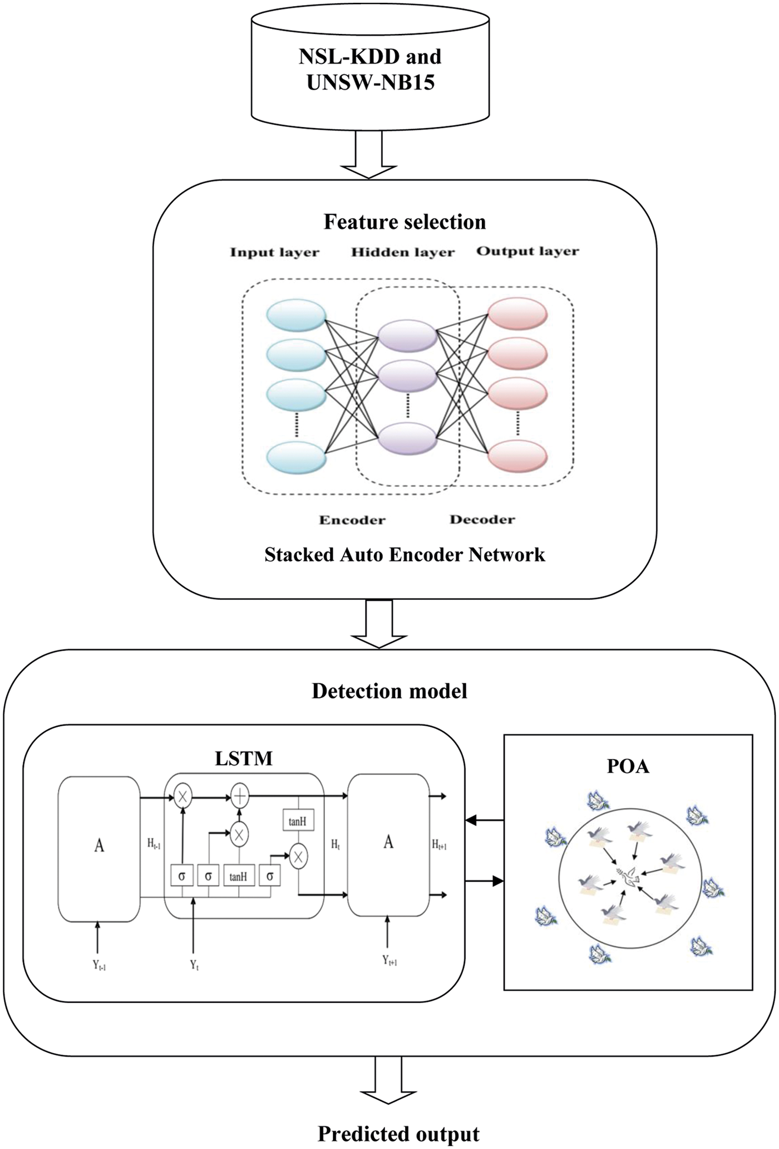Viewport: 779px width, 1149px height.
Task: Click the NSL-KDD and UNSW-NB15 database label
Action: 370,69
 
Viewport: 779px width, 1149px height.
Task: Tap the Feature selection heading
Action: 405,222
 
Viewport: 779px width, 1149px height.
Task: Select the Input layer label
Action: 275,253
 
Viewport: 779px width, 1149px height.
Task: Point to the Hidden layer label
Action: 403,253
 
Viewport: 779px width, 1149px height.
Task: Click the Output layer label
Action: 527,252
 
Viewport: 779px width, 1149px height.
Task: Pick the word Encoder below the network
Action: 352,520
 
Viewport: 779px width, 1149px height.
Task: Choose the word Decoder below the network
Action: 482,520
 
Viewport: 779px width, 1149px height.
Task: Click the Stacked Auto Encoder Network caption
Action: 405,555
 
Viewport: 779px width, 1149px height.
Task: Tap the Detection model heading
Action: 389,691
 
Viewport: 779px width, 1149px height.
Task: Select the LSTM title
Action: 244,759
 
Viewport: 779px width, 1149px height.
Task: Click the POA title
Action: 628,766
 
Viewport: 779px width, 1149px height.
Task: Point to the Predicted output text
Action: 398,1134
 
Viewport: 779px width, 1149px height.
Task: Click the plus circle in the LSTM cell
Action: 240,797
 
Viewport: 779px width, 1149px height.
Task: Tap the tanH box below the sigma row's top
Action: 239,877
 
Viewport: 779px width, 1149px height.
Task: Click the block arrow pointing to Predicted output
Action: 388,1079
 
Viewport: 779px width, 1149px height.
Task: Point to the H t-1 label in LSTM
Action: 154,844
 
